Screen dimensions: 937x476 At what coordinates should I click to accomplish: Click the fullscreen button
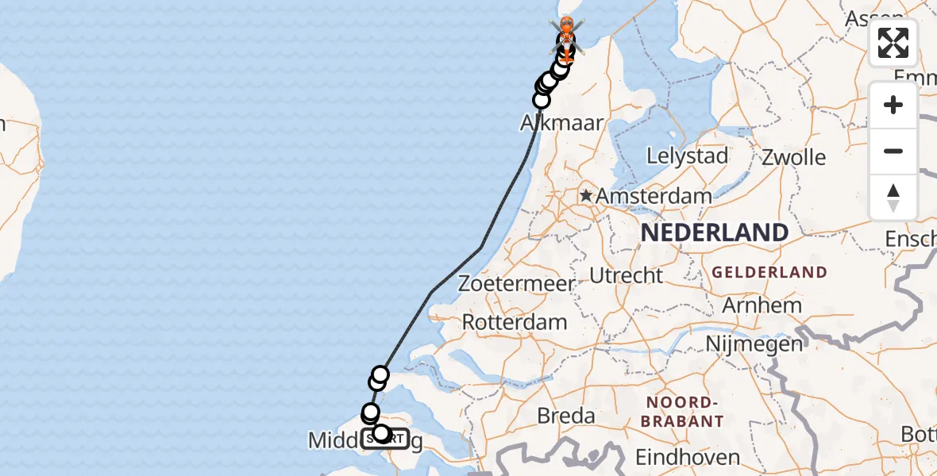pyautogui.click(x=893, y=43)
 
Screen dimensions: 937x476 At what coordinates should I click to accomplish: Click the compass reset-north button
pyautogui.click(x=893, y=197)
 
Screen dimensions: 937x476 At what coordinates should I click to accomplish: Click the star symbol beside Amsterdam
pyautogui.click(x=586, y=195)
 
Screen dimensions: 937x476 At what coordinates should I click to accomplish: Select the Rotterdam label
pyautogui.click(x=515, y=322)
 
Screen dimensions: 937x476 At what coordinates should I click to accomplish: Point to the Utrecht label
pyautogui.click(x=626, y=275)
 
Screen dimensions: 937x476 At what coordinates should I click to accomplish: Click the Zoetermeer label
pyautogui.click(x=516, y=283)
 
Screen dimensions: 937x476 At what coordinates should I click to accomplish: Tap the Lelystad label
pyautogui.click(x=687, y=155)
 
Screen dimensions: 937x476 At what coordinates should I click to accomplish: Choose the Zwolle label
pyautogui.click(x=793, y=156)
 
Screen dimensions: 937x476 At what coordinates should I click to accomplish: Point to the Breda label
pyautogui.click(x=566, y=415)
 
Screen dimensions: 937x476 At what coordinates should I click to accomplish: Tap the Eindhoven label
pyautogui.click(x=688, y=457)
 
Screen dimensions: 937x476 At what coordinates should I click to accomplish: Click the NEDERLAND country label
pyautogui.click(x=715, y=232)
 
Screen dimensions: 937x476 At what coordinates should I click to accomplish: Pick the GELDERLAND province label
pyautogui.click(x=769, y=272)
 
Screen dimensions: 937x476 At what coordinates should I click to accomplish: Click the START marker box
pyautogui.click(x=385, y=438)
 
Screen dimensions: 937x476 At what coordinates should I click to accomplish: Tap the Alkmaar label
pyautogui.click(x=562, y=123)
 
